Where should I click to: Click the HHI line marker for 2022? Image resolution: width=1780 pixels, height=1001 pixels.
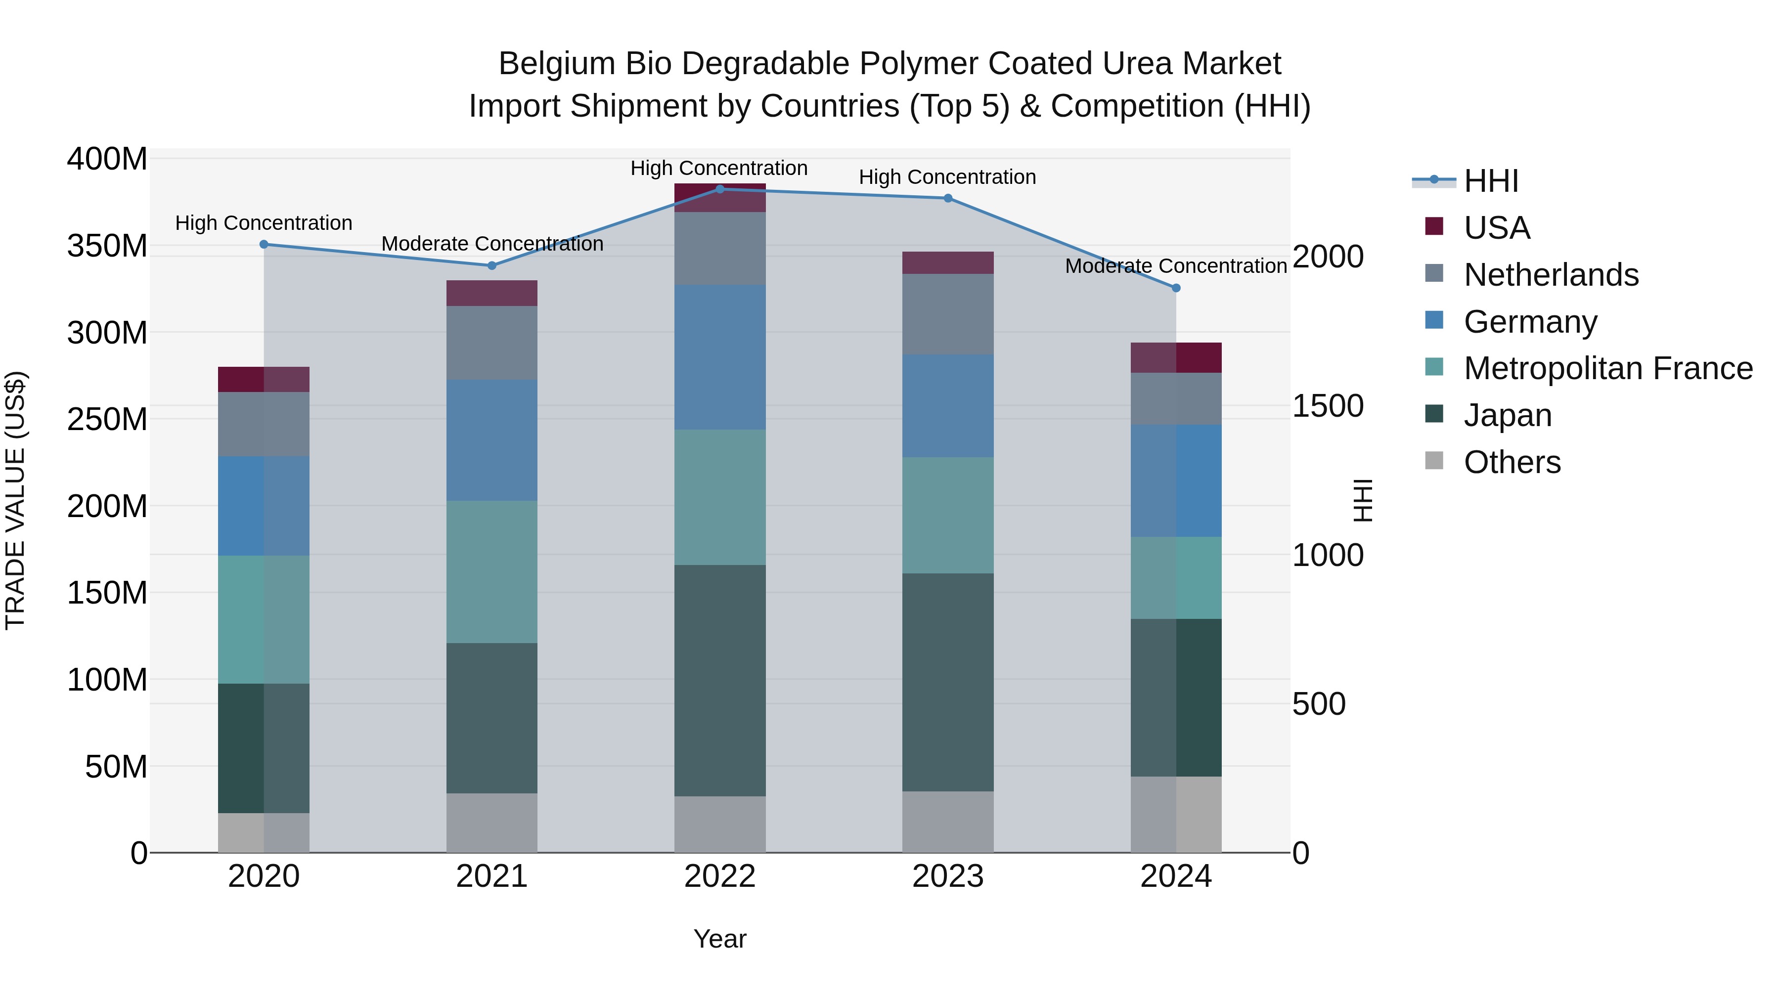point(719,189)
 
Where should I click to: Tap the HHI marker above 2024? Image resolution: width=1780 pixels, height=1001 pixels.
point(1176,288)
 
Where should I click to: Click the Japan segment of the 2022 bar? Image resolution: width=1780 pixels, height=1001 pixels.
point(719,681)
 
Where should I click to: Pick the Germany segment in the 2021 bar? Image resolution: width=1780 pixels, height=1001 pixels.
point(491,440)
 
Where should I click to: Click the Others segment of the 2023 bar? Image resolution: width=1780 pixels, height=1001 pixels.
point(947,822)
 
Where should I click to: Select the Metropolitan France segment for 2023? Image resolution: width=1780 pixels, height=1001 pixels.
point(947,515)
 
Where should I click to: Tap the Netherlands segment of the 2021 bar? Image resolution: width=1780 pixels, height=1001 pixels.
point(491,343)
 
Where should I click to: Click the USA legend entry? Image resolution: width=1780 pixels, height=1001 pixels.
point(1497,228)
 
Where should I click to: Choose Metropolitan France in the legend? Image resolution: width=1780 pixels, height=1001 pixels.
point(1608,368)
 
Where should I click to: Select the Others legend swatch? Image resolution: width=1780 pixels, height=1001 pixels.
point(1434,461)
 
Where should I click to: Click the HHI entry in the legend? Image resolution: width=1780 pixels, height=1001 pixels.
point(1490,181)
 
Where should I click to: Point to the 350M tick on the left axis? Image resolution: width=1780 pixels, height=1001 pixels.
point(107,246)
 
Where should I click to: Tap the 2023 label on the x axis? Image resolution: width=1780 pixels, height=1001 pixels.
point(947,876)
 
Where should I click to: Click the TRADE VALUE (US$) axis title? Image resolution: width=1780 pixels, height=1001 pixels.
point(15,500)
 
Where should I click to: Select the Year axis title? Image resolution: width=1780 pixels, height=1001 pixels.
point(719,939)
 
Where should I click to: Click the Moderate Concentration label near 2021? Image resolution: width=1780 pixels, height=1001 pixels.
point(492,244)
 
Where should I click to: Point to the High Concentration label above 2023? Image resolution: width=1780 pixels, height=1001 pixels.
point(947,177)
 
